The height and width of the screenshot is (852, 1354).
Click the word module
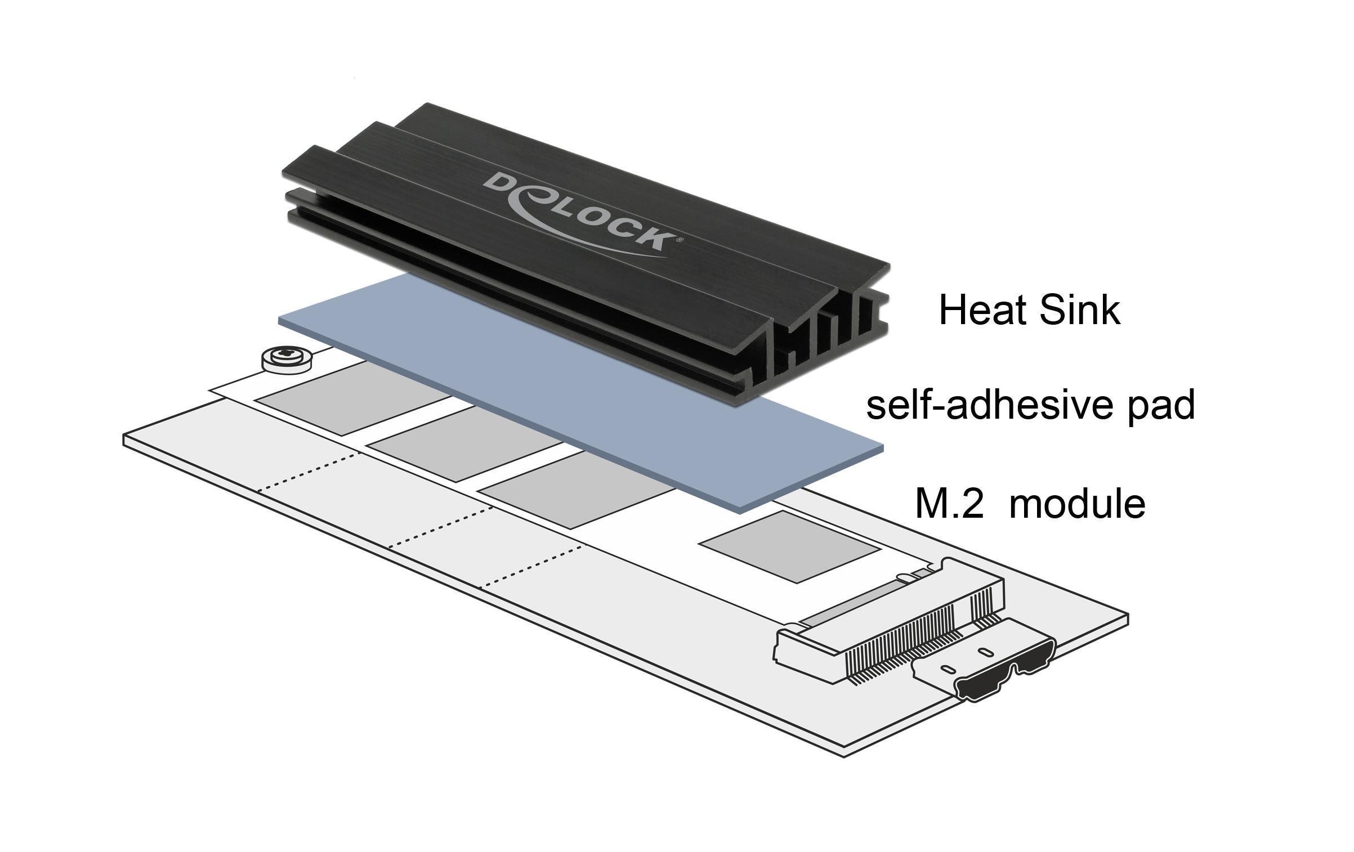pyautogui.click(x=1078, y=504)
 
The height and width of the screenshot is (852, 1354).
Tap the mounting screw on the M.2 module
pyautogui.click(x=287, y=358)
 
